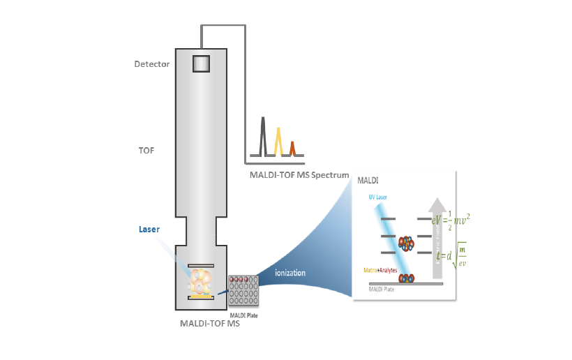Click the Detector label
152,64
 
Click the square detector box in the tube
201,63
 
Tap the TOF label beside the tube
146,149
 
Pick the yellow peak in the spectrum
278,141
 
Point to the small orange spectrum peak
293,148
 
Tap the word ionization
290,272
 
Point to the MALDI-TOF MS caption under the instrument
209,323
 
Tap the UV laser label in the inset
378,197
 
